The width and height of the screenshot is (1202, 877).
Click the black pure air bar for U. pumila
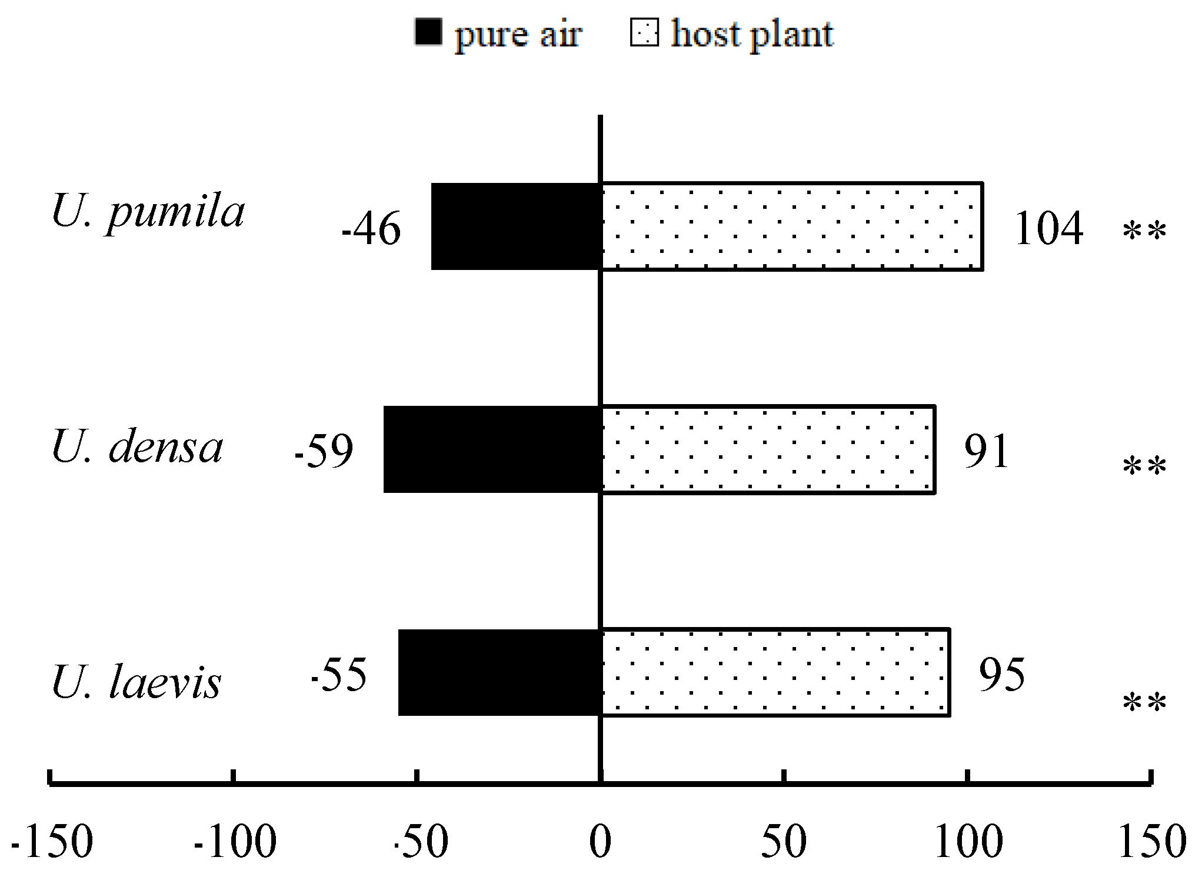(515, 226)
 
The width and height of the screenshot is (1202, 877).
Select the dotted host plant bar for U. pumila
(791, 226)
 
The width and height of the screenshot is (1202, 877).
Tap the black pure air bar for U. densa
(492, 449)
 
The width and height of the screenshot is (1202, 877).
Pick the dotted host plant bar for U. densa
(768, 449)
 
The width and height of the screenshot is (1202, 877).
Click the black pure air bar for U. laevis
(499, 672)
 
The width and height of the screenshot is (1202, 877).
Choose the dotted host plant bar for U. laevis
(775, 672)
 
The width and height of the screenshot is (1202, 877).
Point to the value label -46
(371, 229)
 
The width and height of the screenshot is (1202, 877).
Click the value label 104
(1048, 229)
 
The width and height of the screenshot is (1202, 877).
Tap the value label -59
(324, 451)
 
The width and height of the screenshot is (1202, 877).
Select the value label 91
(987, 451)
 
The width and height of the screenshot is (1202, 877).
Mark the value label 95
(1001, 674)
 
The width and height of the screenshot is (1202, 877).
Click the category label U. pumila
(148, 212)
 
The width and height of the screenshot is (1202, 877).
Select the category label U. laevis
(136, 683)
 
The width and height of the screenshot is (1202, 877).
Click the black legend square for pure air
(428, 32)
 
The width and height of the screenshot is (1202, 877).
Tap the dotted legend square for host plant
(644, 32)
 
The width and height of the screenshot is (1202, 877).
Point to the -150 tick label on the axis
(52, 842)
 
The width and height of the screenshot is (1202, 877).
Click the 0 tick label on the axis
(600, 842)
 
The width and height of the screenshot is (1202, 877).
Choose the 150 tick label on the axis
(1151, 842)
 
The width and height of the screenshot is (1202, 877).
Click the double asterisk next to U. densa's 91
(1144, 466)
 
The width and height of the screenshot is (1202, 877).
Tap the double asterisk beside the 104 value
(1144, 231)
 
